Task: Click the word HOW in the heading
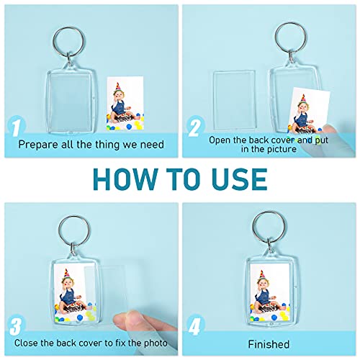coord(118,177)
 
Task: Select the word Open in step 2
coord(220,140)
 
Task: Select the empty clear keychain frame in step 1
coord(63,88)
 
